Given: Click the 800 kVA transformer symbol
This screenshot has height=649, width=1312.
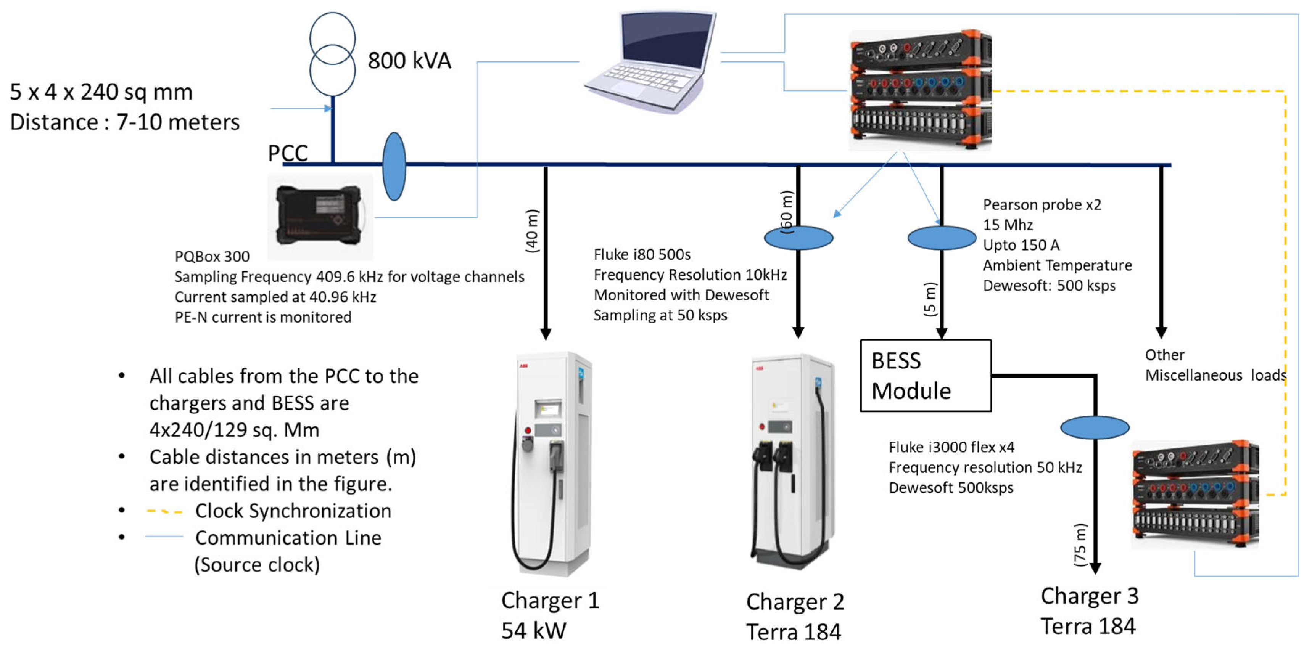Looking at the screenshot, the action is (333, 54).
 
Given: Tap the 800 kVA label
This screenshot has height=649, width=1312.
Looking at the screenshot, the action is (409, 61).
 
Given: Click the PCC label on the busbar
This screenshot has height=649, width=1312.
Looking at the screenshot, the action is (288, 153).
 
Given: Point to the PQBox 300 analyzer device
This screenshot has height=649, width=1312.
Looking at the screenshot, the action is (319, 216).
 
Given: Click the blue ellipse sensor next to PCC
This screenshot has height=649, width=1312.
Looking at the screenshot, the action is (394, 167).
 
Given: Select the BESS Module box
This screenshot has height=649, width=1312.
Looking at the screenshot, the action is (926, 375).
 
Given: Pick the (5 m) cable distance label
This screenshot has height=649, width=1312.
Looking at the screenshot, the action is (930, 299).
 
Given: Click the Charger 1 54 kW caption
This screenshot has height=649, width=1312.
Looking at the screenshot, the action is (550, 615).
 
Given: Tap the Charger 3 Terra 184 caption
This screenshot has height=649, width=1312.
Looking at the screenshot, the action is (1089, 611).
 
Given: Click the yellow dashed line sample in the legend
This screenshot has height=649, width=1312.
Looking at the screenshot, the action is (164, 511).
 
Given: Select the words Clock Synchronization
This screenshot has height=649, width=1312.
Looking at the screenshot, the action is (293, 511).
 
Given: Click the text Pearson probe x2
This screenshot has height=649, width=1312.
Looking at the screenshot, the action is (1042, 205).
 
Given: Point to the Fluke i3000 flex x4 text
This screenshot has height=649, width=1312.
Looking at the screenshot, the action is (951, 447).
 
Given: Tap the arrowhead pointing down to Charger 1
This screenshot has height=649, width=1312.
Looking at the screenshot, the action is (546, 333).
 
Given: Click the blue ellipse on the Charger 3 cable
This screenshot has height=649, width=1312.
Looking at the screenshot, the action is (1095, 427).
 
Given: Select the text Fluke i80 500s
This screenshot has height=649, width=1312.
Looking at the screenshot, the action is (642, 254).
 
